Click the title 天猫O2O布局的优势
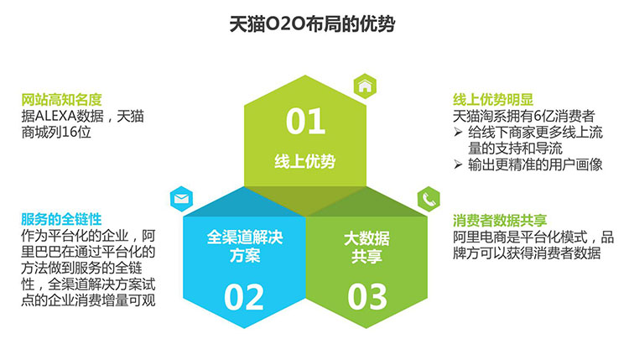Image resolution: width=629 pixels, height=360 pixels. [x=312, y=24]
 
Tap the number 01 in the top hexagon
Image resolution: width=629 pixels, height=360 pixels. [x=305, y=121]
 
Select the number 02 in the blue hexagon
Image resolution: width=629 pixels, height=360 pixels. [x=243, y=297]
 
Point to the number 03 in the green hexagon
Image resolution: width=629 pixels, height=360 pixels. [x=367, y=297]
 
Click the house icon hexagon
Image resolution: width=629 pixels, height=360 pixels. [x=365, y=86]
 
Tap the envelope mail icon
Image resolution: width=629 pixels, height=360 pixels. [x=182, y=199]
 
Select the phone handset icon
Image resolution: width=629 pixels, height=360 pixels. [x=429, y=199]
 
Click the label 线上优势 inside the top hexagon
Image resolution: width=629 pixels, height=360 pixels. [x=305, y=161]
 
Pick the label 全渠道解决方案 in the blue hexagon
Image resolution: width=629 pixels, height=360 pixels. [x=245, y=246]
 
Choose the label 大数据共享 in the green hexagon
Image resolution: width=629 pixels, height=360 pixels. [x=366, y=248]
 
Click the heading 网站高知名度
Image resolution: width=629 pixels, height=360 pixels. [x=61, y=100]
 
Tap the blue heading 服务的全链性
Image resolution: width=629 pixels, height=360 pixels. [x=61, y=220]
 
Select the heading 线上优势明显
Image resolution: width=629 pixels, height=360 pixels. [x=493, y=100]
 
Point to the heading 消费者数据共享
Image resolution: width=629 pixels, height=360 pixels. [x=500, y=220]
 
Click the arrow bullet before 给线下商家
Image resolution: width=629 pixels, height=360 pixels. [x=458, y=132]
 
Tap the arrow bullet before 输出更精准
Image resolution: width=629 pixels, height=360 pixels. [x=458, y=164]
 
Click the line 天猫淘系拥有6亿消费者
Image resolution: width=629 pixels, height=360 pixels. [x=524, y=116]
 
